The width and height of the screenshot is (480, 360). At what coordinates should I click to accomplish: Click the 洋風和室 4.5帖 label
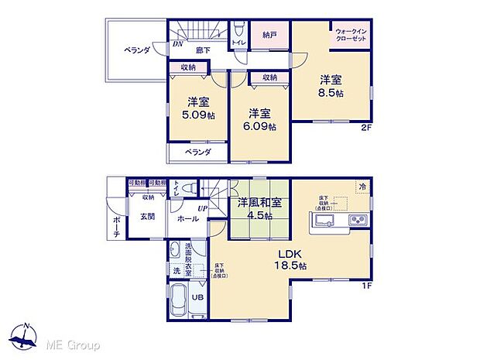tap(259, 209)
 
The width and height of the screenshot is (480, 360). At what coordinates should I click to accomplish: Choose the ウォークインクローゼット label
tap(351, 35)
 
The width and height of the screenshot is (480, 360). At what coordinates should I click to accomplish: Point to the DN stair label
tap(177, 44)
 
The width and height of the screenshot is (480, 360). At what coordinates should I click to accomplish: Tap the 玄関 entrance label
tap(147, 216)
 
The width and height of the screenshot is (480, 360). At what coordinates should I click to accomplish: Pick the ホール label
tap(187, 219)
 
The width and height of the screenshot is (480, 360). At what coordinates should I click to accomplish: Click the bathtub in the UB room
tap(177, 299)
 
